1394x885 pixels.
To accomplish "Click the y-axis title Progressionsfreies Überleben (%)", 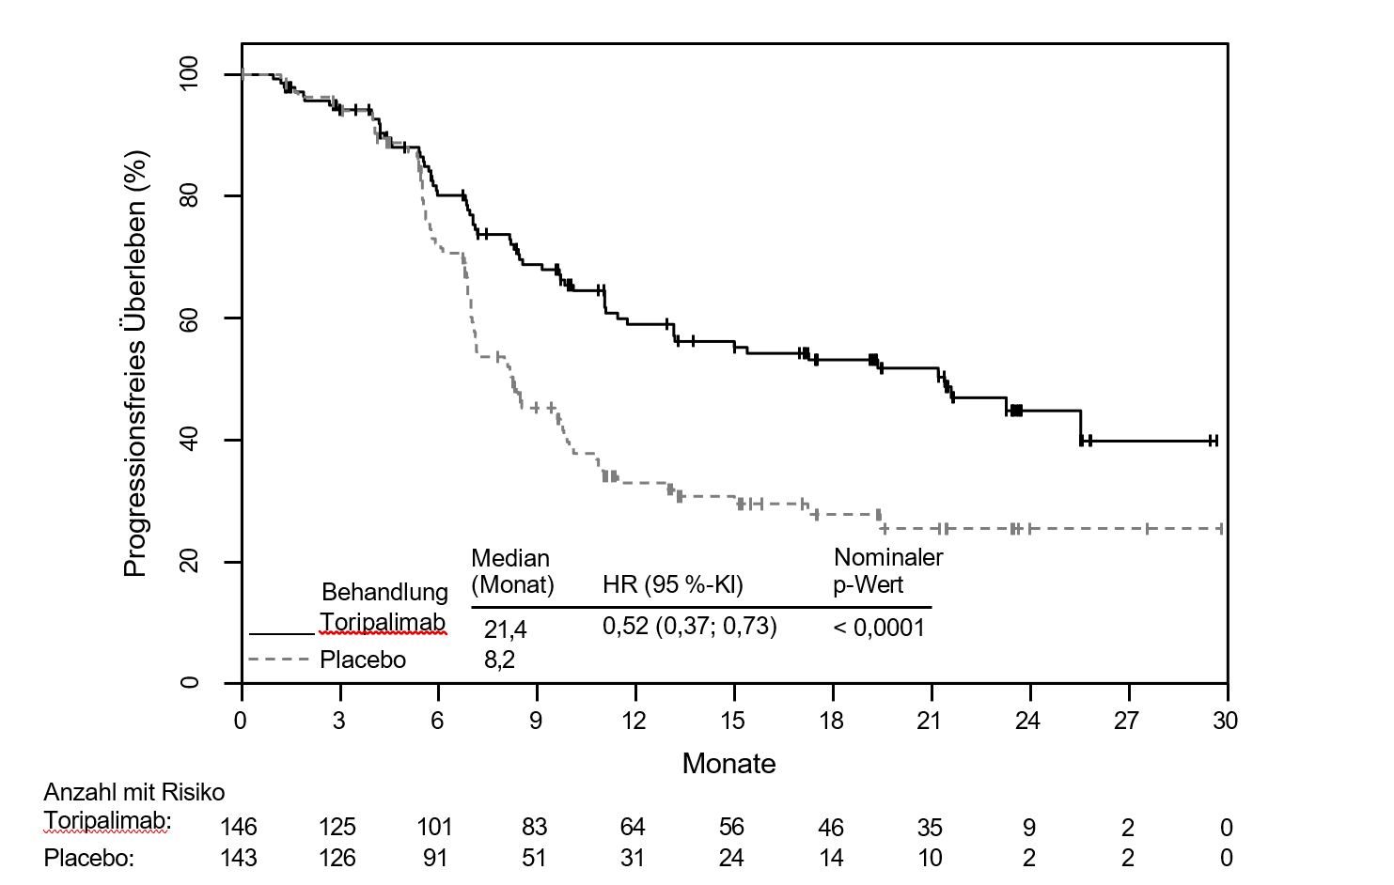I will (x=136, y=364).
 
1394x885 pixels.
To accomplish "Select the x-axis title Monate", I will (x=728, y=764).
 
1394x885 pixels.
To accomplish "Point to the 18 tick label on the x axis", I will (x=831, y=722).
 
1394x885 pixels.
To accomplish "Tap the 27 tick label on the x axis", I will (x=1126, y=722).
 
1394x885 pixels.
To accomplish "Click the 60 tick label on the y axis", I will (x=190, y=318).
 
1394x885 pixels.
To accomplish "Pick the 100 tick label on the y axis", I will (x=190, y=73).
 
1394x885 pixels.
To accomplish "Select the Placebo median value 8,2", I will (x=499, y=660).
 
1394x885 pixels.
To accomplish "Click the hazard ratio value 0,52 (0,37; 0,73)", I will (x=689, y=627).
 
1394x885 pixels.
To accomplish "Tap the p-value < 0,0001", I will (x=879, y=628).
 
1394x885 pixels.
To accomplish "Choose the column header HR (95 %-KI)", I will (x=672, y=585).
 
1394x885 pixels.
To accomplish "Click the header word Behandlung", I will (x=384, y=592).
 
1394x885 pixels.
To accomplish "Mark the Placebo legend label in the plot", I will (x=363, y=660).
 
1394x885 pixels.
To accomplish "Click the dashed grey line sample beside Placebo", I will (x=279, y=660).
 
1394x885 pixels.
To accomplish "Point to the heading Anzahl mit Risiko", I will (x=134, y=792).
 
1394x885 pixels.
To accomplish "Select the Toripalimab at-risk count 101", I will (x=434, y=828).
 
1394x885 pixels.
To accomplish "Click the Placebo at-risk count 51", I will (x=534, y=859).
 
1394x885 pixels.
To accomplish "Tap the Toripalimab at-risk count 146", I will (x=238, y=828).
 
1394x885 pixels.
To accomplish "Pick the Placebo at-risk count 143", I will (x=238, y=859).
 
